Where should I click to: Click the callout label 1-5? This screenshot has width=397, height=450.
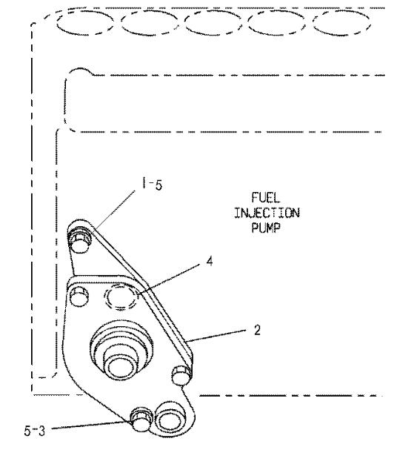click(x=152, y=184)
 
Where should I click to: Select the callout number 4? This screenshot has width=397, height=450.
click(x=210, y=262)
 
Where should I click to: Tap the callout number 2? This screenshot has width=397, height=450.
click(x=257, y=330)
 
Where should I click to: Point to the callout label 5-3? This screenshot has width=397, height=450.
click(x=35, y=431)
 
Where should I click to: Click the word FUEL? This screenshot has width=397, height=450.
click(x=265, y=198)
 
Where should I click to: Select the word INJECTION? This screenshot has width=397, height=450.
click(x=267, y=213)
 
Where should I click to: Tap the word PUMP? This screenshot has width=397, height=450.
click(x=266, y=228)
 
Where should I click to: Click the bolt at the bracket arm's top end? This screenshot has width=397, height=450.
click(x=79, y=239)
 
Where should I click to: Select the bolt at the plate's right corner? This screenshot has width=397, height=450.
click(x=181, y=375)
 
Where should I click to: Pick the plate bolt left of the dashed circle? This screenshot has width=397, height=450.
click(x=79, y=297)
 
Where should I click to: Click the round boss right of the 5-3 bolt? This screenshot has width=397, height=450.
click(x=168, y=420)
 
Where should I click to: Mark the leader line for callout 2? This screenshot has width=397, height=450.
click(x=216, y=336)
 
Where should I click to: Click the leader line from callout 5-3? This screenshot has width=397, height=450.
click(x=91, y=426)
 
